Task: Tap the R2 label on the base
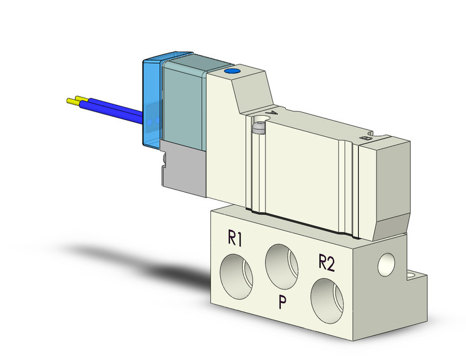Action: [326, 263]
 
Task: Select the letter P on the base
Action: [281, 303]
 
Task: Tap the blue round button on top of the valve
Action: [232, 73]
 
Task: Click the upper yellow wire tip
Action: [71, 101]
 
